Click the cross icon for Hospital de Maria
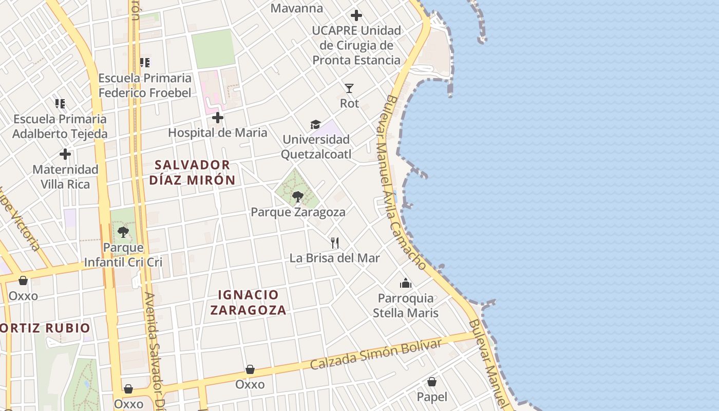pos(218,118)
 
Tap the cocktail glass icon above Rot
pos(349,88)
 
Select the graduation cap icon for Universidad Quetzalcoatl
pos(315,124)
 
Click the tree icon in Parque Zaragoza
pos(297,196)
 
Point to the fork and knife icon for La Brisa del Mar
pos(335,242)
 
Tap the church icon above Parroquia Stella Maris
pos(406,283)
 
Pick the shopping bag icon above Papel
pos(432,382)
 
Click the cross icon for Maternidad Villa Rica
pos(65,154)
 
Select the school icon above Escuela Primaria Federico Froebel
pos(145,63)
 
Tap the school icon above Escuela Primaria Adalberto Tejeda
pos(60,104)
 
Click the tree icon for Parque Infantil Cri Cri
pos(123,232)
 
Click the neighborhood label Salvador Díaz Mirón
pos(193,172)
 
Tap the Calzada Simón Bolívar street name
pos(375,354)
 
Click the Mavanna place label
pos(297,8)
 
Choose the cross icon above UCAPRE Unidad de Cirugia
pos(356,15)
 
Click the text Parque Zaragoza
pos(298,212)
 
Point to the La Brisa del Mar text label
pos(335,258)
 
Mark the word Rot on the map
pos(349,103)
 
